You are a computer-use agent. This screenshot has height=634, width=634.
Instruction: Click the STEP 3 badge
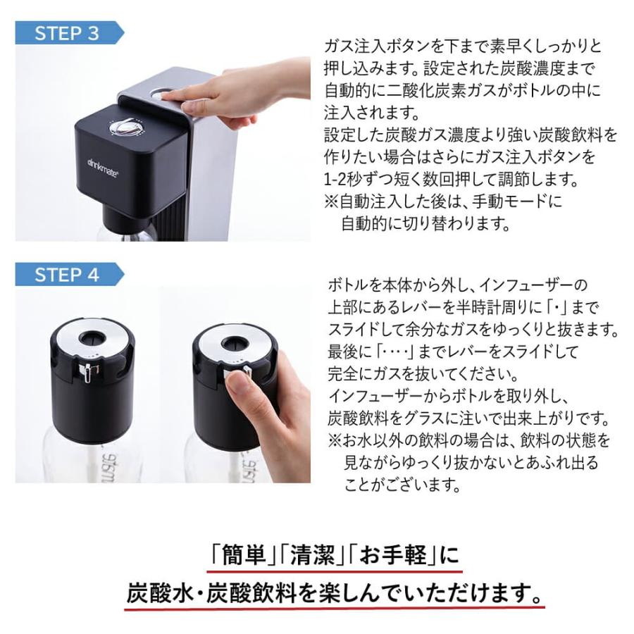pos(68,33)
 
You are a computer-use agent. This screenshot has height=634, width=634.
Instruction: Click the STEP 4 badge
pos(68,275)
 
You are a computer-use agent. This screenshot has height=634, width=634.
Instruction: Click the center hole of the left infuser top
pos(93,337)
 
